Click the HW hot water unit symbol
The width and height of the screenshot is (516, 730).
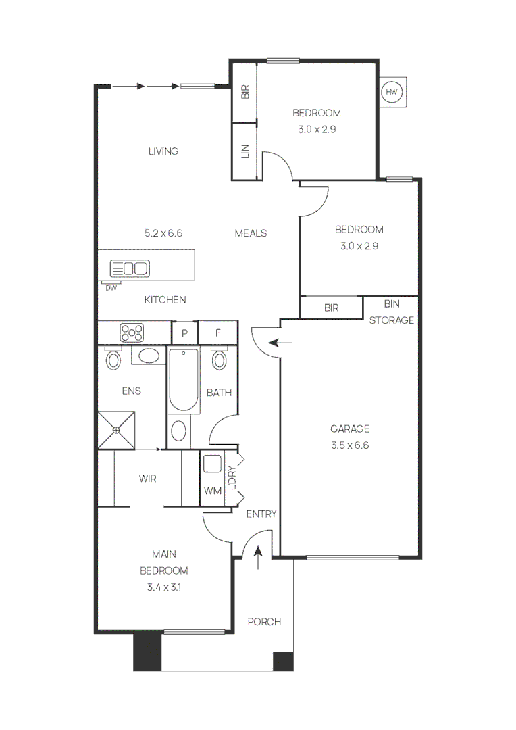(391, 92)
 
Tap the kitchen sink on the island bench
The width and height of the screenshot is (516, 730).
(130, 268)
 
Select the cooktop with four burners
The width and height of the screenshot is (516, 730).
(132, 333)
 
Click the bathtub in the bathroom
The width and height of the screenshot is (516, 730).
(183, 380)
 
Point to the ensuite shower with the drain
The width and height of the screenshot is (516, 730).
(116, 430)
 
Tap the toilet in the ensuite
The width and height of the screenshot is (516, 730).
(113, 358)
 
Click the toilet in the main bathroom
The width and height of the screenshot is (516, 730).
(219, 358)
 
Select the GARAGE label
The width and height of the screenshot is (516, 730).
(350, 429)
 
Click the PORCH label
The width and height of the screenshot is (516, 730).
(264, 622)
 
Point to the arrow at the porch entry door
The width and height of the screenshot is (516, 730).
(258, 558)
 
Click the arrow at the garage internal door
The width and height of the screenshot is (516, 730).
(280, 343)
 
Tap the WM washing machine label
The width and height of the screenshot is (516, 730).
(213, 491)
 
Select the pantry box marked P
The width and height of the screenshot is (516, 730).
(184, 333)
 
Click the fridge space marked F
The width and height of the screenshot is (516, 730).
(217, 333)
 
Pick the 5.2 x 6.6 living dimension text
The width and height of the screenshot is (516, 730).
(163, 233)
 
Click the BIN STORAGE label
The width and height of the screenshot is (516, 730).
(391, 312)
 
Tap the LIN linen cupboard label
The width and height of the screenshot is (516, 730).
(245, 151)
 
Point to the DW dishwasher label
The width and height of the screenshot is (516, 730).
(111, 288)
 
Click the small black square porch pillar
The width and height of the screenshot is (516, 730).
(283, 661)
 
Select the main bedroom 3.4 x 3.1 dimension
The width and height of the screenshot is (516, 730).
(163, 587)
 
